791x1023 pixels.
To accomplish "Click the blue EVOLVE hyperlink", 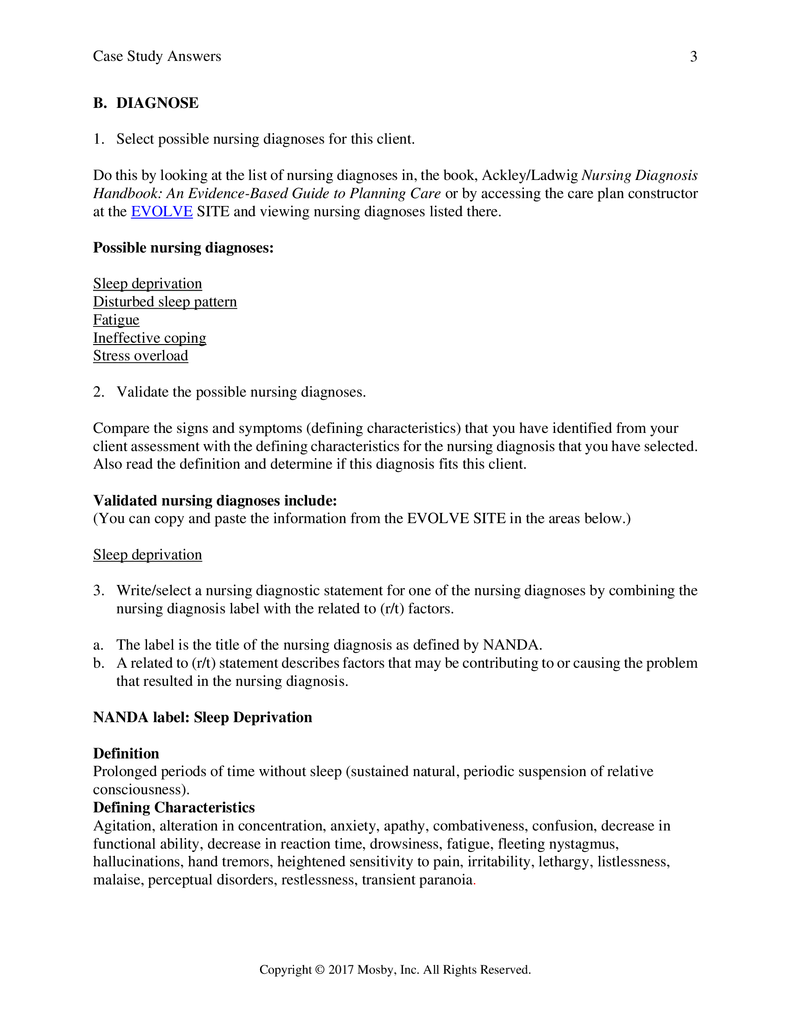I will point(161,212).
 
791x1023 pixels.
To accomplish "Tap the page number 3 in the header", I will point(694,57).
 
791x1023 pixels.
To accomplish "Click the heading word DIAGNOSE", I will point(157,103).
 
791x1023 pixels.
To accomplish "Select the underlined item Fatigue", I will point(116,320).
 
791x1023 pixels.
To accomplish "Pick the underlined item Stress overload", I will point(141,356).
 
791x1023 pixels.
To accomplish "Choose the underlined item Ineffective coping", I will point(149,338).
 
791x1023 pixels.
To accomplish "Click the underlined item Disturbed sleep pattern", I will point(165,302).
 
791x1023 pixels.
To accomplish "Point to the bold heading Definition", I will point(126,754).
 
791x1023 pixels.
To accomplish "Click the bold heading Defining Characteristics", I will point(174,808).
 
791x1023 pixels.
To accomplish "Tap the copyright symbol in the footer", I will point(320,970).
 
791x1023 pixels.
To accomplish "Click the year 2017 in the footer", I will point(341,970).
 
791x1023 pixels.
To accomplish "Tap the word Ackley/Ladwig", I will point(530,176).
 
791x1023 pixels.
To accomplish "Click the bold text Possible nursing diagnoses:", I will point(183,248).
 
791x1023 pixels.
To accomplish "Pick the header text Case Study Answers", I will point(157,57).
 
